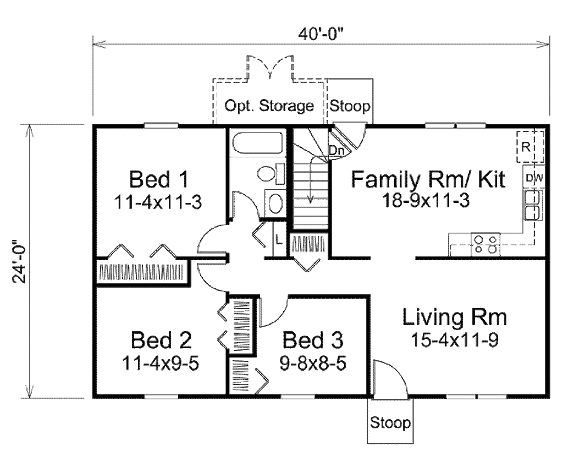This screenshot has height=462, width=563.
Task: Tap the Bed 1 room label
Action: [158, 179]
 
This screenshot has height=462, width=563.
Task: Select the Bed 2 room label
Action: [161, 340]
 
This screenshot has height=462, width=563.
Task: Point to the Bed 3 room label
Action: [313, 341]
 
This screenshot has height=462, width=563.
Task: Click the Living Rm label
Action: [454, 318]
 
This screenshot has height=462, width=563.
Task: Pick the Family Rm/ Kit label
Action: [428, 179]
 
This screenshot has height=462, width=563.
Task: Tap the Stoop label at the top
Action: [350, 106]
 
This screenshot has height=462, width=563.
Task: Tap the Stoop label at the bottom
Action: [389, 423]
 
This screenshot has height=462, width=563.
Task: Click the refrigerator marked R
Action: [526, 146]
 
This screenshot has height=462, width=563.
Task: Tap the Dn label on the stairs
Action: [335, 150]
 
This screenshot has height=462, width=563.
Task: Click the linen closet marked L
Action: [279, 240]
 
